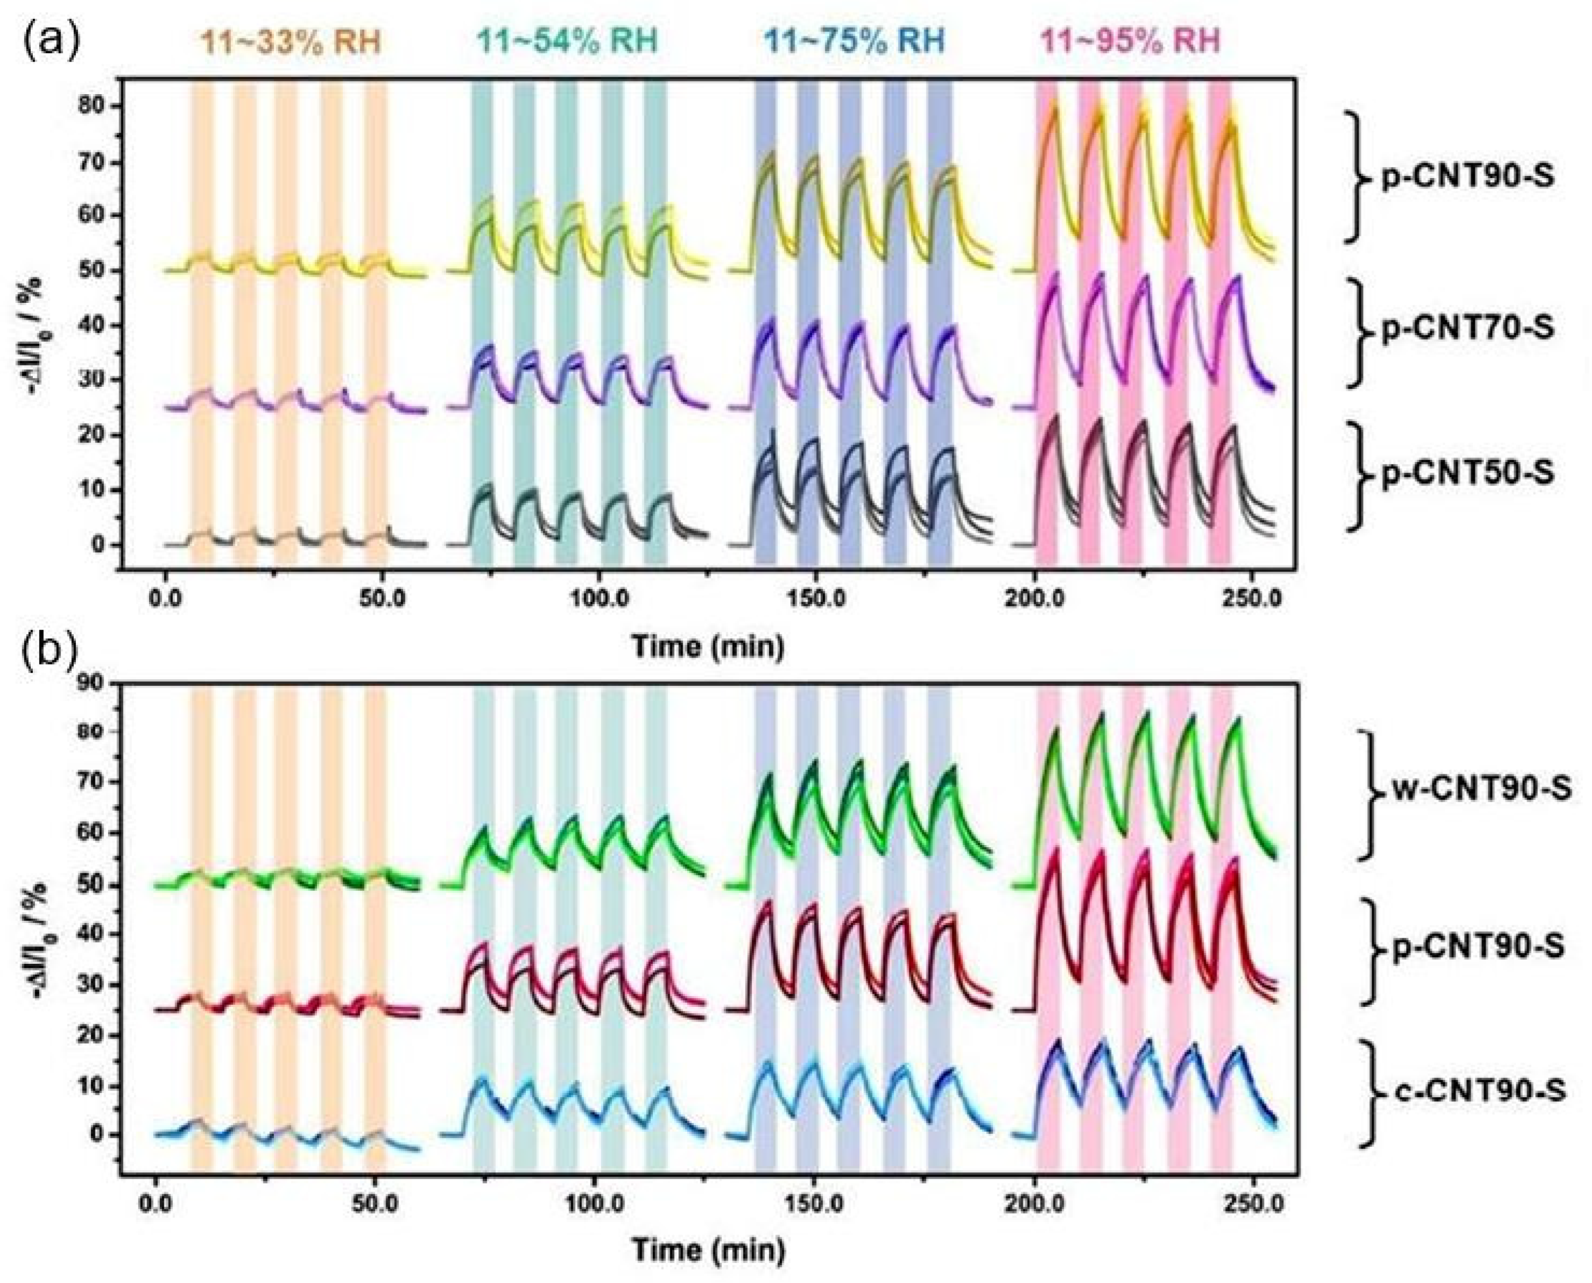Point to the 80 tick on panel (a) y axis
pyautogui.click(x=93, y=106)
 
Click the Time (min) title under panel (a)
pyautogui.click(x=707, y=647)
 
